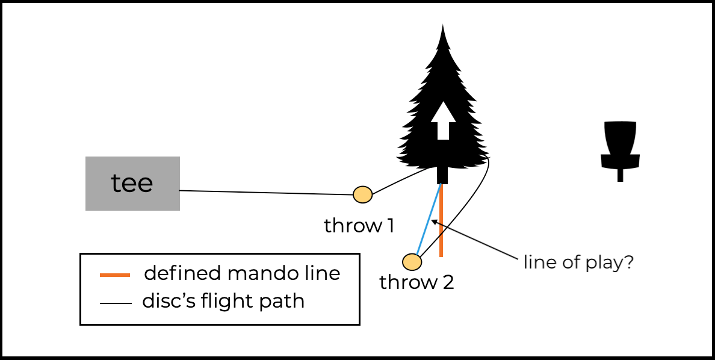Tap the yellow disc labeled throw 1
pos(362,194)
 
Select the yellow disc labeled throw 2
pos(412,262)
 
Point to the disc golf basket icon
pos(620,144)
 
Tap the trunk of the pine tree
pos(442,175)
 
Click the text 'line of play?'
pos(578,262)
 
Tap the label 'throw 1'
pos(359,226)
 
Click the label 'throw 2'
pos(416,282)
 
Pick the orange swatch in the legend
pos(114,275)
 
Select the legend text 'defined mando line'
pos(242,273)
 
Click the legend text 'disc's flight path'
pos(223,300)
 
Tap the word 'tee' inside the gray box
pos(132,183)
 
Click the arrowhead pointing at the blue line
pos(433,223)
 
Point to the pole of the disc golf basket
pos(620,175)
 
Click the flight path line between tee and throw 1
pos(265,193)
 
